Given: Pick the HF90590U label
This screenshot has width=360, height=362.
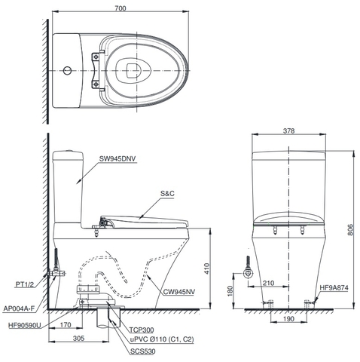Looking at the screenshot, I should click(24, 326).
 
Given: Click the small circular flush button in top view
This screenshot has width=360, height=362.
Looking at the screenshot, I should click(69, 71).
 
